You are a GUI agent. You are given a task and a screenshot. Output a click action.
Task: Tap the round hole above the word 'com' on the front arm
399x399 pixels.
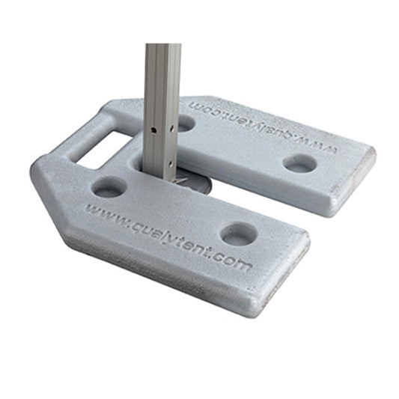(x=239, y=234)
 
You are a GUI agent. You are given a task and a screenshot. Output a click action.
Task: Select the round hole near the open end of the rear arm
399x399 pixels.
(x=300, y=163)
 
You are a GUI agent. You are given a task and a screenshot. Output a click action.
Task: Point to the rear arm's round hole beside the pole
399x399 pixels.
(x=185, y=123)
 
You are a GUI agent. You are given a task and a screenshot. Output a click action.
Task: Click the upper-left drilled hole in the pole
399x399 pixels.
(x=153, y=130)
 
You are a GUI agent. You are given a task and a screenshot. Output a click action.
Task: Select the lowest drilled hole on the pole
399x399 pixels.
(x=171, y=164)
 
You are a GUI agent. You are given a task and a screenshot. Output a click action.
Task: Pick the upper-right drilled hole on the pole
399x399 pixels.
(x=171, y=128)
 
